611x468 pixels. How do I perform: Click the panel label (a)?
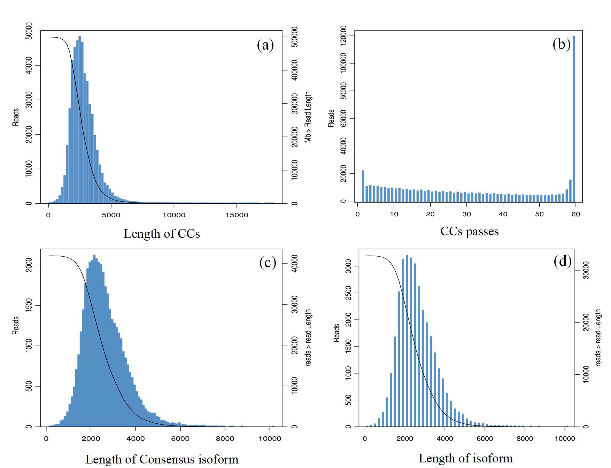pos(265,45)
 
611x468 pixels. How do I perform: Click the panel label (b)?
pos(562,44)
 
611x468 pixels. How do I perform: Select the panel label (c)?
pos(268,262)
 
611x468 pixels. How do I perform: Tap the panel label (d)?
pos(563,261)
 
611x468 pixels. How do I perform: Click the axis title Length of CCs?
pos(162,234)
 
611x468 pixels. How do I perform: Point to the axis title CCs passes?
pos(469,231)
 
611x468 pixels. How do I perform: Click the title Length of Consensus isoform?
pos(162,459)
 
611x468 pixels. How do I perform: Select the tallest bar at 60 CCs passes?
pos(574,118)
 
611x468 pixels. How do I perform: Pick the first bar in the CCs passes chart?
pos(363,186)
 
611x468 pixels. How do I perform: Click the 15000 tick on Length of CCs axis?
pos(237,215)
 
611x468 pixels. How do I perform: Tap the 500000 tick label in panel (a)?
pos(294,37)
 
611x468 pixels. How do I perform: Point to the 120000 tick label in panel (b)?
pos(343,36)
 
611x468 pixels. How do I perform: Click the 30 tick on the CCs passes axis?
pos(466,214)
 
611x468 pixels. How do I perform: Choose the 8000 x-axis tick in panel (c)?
pos(225,438)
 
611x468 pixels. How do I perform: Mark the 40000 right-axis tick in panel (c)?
pos(294,264)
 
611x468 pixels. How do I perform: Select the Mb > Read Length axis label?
pos(308,117)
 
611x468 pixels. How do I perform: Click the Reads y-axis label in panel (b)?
pos(331,118)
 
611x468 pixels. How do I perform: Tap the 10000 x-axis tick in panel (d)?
pos(564,438)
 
